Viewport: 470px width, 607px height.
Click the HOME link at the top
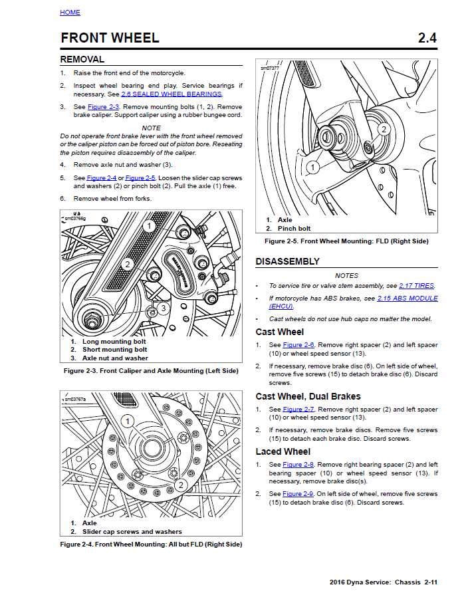click(x=70, y=13)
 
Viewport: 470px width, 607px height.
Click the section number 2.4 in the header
click(x=427, y=38)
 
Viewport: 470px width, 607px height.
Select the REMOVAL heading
click(x=82, y=59)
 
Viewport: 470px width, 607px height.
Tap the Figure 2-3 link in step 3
click(x=103, y=107)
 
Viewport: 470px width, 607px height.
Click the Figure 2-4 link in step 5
click(x=101, y=178)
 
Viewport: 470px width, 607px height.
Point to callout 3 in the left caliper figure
click(x=163, y=308)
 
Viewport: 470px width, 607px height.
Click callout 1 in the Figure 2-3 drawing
click(x=150, y=226)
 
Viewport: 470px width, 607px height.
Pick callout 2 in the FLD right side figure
click(x=384, y=129)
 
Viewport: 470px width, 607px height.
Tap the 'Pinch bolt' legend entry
click(x=294, y=229)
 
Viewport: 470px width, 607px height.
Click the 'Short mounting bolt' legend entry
click(x=114, y=350)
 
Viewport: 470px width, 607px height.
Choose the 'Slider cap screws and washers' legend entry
click(x=132, y=532)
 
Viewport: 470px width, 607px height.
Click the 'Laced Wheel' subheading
click(x=282, y=451)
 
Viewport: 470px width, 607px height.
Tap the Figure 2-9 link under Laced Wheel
click(x=298, y=494)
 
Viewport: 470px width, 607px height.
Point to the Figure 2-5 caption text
click(x=346, y=241)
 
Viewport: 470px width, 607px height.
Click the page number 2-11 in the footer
click(x=429, y=582)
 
